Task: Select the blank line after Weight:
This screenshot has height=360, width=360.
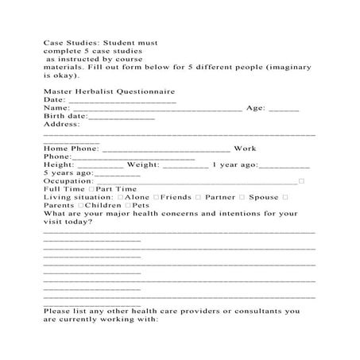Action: coord(187,167)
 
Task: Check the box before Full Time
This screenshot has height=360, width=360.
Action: coord(46,189)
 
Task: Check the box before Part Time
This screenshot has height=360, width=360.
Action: coord(91,189)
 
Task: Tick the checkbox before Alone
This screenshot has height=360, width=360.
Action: coord(120,197)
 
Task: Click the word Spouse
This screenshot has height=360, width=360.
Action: coord(263,196)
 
